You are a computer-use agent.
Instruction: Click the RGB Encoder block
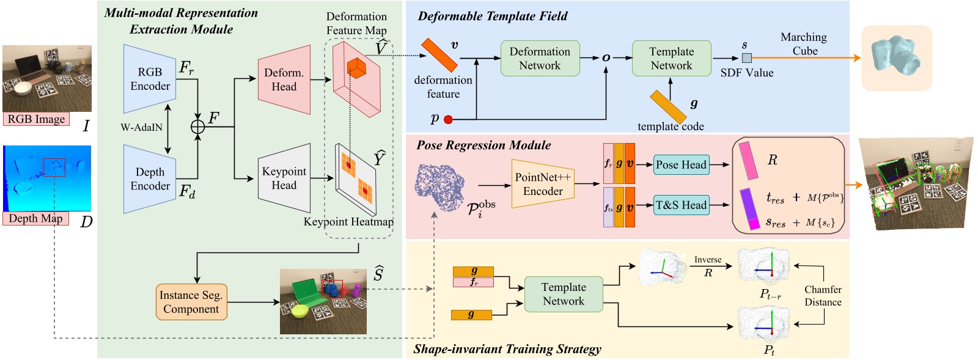[x=149, y=79]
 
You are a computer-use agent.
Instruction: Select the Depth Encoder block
[x=149, y=179]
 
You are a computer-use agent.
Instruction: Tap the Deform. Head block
[x=284, y=79]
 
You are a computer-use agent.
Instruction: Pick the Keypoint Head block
[x=284, y=178]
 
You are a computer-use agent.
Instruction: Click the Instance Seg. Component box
[x=191, y=302]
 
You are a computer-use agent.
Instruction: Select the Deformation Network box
[x=540, y=59]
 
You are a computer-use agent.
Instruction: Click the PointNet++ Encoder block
[x=542, y=184]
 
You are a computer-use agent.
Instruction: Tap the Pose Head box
[x=681, y=164]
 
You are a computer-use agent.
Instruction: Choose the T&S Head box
[x=681, y=205]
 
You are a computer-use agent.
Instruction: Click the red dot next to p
[x=448, y=120]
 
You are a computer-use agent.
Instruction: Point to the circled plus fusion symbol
[x=197, y=127]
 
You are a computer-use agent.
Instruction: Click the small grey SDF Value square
[x=746, y=58]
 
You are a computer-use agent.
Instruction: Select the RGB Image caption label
[x=36, y=119]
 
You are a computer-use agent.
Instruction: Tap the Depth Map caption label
[x=35, y=218]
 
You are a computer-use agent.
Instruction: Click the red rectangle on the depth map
[x=54, y=167]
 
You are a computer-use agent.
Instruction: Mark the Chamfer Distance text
[x=823, y=296]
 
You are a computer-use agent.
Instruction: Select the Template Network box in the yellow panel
[x=563, y=294]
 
